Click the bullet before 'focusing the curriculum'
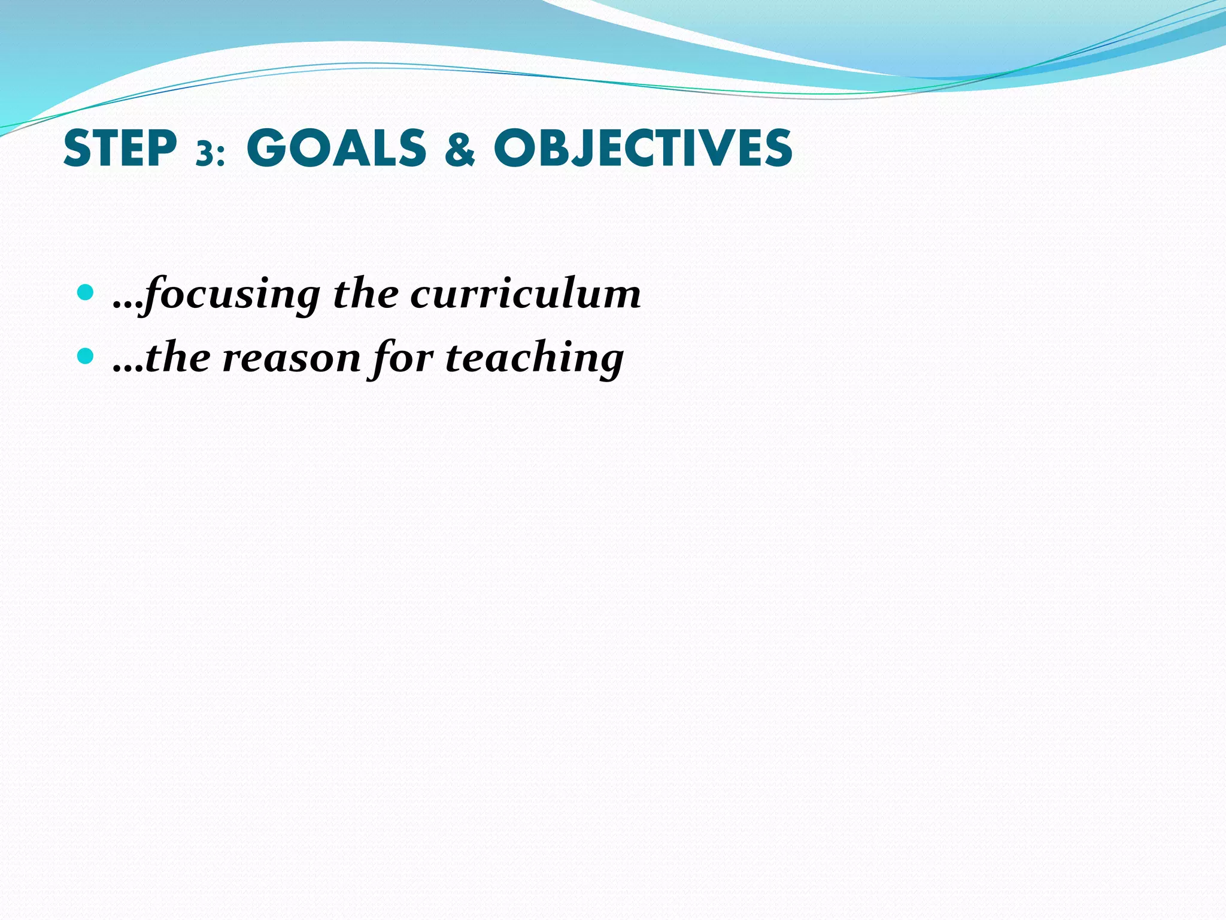coord(86,293)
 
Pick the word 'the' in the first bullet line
coord(365,294)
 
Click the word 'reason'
coord(292,358)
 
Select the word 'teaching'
coord(535,358)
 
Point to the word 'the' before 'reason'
coord(178,358)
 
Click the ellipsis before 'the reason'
coord(127,368)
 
